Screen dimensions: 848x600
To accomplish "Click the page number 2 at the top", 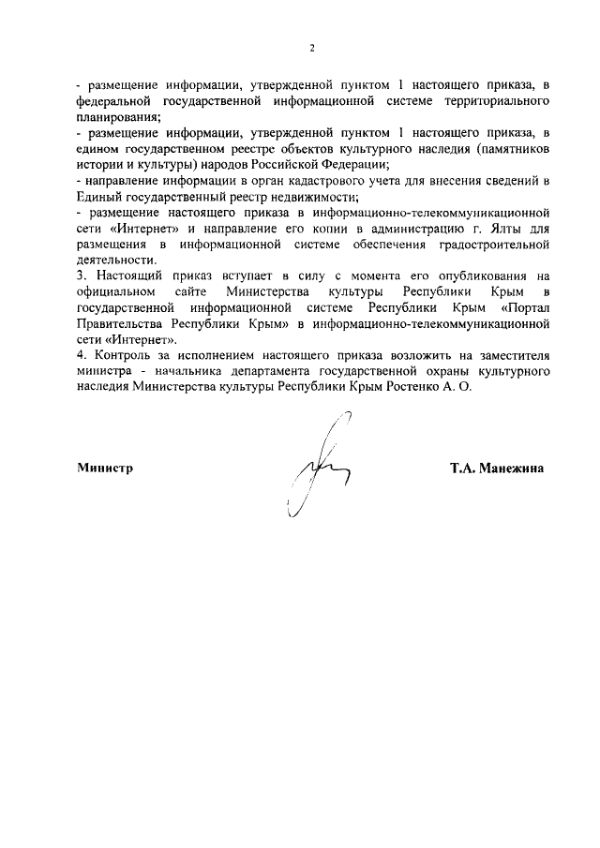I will pos(312,48).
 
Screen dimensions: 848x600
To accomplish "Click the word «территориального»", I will pos(496,99).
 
